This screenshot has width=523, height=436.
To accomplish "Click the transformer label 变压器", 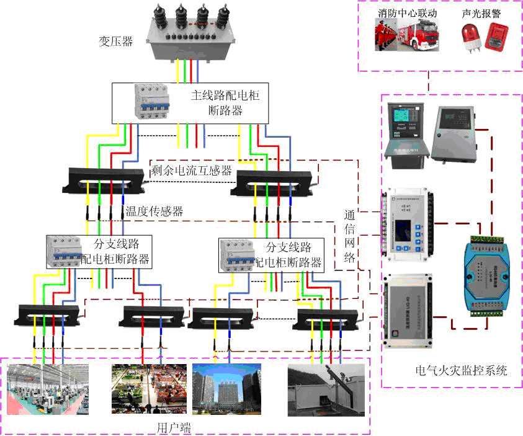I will (116, 42).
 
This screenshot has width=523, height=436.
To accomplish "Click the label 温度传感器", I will (154, 211).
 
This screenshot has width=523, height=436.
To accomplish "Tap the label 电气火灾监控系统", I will (462, 371).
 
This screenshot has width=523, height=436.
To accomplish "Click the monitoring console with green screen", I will (403, 132).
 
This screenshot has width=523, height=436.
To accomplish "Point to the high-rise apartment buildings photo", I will (226, 389).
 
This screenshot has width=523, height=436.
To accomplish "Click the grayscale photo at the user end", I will (324, 389).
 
